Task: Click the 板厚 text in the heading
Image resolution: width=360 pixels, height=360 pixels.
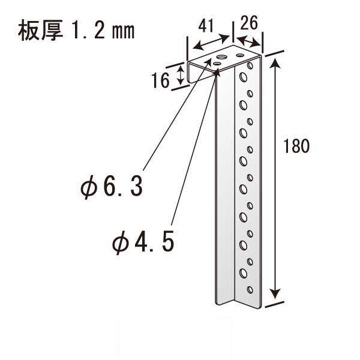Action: click(x=40, y=30)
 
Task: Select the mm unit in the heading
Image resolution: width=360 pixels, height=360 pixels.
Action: click(x=123, y=31)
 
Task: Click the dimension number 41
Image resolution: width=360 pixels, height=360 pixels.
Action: click(x=206, y=26)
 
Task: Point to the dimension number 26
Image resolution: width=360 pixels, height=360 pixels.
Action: click(x=249, y=23)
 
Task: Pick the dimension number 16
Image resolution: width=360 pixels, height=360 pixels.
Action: click(x=161, y=80)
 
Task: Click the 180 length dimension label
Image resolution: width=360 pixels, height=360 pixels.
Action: click(x=296, y=146)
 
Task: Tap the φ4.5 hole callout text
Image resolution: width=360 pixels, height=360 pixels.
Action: click(x=143, y=242)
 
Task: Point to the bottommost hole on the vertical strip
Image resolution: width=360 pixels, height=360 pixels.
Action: click(x=250, y=290)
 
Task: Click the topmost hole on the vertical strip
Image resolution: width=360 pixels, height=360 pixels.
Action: click(x=250, y=65)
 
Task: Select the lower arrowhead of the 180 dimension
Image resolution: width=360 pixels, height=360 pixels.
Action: click(x=275, y=294)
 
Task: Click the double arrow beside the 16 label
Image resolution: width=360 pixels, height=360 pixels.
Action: click(x=181, y=74)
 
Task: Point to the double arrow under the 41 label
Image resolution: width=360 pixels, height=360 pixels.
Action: click(x=211, y=42)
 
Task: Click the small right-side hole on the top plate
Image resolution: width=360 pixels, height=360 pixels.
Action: click(x=240, y=55)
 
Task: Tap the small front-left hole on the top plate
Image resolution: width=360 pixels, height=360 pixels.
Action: click(x=217, y=64)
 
